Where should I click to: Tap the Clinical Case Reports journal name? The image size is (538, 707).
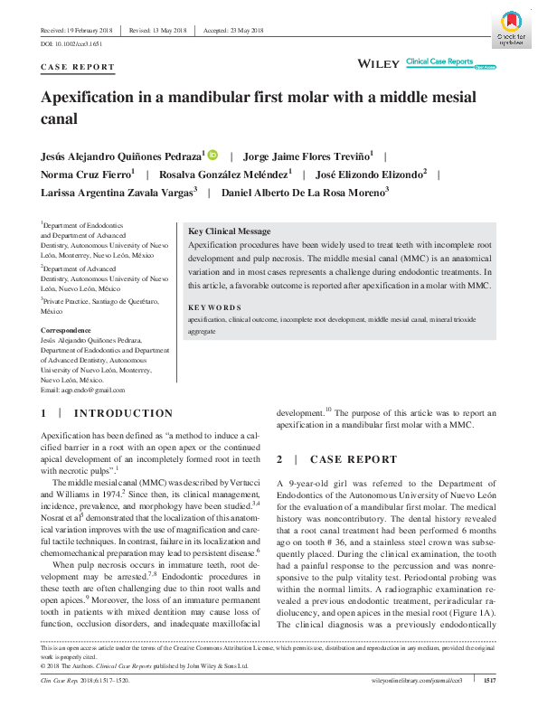439,61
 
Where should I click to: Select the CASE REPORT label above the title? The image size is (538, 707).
79,67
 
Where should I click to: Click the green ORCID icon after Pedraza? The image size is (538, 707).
213,156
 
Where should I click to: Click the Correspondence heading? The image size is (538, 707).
66,330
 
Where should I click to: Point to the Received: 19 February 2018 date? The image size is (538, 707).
78,30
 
